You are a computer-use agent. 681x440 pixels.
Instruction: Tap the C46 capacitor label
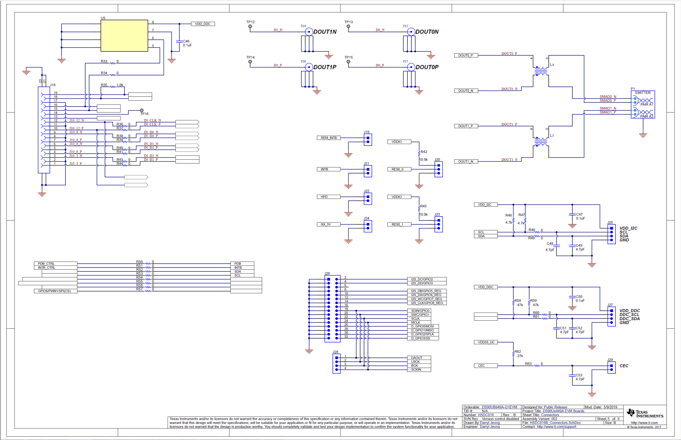[x=186, y=41]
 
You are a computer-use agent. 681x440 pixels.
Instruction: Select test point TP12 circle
[x=250, y=26]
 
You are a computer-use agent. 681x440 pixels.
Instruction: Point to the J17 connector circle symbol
[x=411, y=67]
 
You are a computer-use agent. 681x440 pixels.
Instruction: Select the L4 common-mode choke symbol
[x=541, y=71]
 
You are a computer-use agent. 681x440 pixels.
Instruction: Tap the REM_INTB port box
[x=329, y=138]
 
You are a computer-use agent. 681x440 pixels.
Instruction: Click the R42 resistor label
[x=424, y=152]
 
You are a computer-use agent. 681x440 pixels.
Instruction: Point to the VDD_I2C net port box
[x=486, y=205]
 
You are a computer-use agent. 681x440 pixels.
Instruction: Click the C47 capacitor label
[x=579, y=214]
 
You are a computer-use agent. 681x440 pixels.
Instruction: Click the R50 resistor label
[x=140, y=262]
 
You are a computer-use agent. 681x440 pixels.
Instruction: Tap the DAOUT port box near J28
[x=419, y=358]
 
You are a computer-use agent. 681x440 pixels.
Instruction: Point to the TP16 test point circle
[x=142, y=110]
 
